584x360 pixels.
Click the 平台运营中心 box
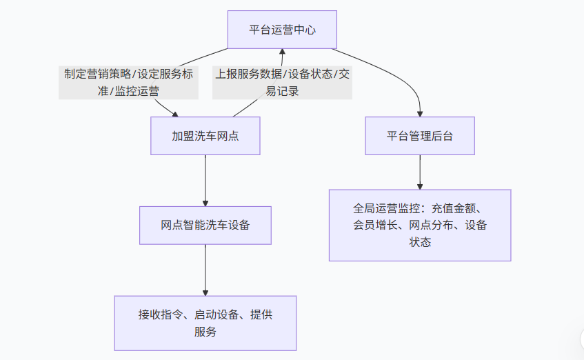point(282,30)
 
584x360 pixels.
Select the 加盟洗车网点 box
point(205,136)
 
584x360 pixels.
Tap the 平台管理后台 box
point(419,136)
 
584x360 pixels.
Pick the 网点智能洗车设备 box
point(205,225)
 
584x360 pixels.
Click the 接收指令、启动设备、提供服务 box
point(205,323)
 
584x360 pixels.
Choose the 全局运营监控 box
point(419,225)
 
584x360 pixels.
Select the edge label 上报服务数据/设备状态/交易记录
point(282,82)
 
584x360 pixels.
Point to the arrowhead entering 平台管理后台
point(419,112)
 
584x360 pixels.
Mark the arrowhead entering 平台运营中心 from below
point(282,52)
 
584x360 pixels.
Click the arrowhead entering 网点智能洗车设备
point(205,202)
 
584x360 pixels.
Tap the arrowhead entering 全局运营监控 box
point(419,186)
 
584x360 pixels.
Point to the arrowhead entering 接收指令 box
point(205,292)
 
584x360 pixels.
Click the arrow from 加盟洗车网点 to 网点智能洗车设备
point(205,179)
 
